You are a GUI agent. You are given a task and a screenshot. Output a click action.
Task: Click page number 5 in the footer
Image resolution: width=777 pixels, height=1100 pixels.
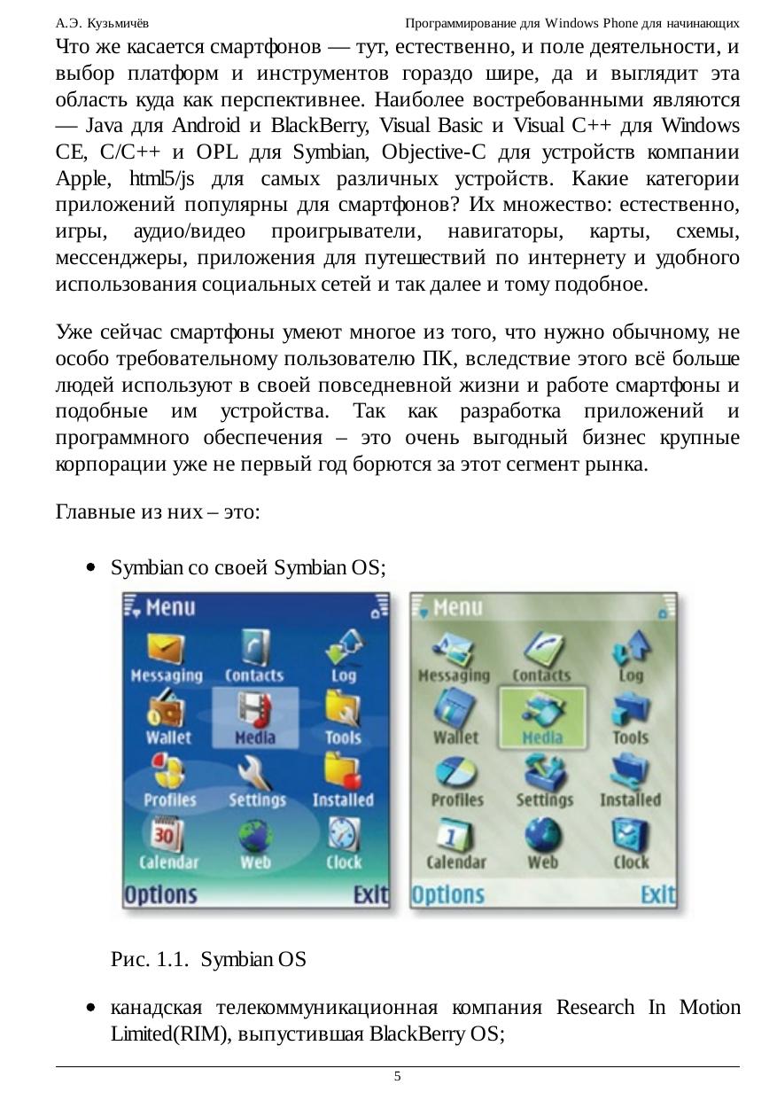(397, 1076)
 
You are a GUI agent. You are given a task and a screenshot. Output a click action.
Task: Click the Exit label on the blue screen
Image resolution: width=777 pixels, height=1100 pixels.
(370, 895)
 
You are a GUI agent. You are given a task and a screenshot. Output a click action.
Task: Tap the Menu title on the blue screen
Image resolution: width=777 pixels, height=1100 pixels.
(170, 608)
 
